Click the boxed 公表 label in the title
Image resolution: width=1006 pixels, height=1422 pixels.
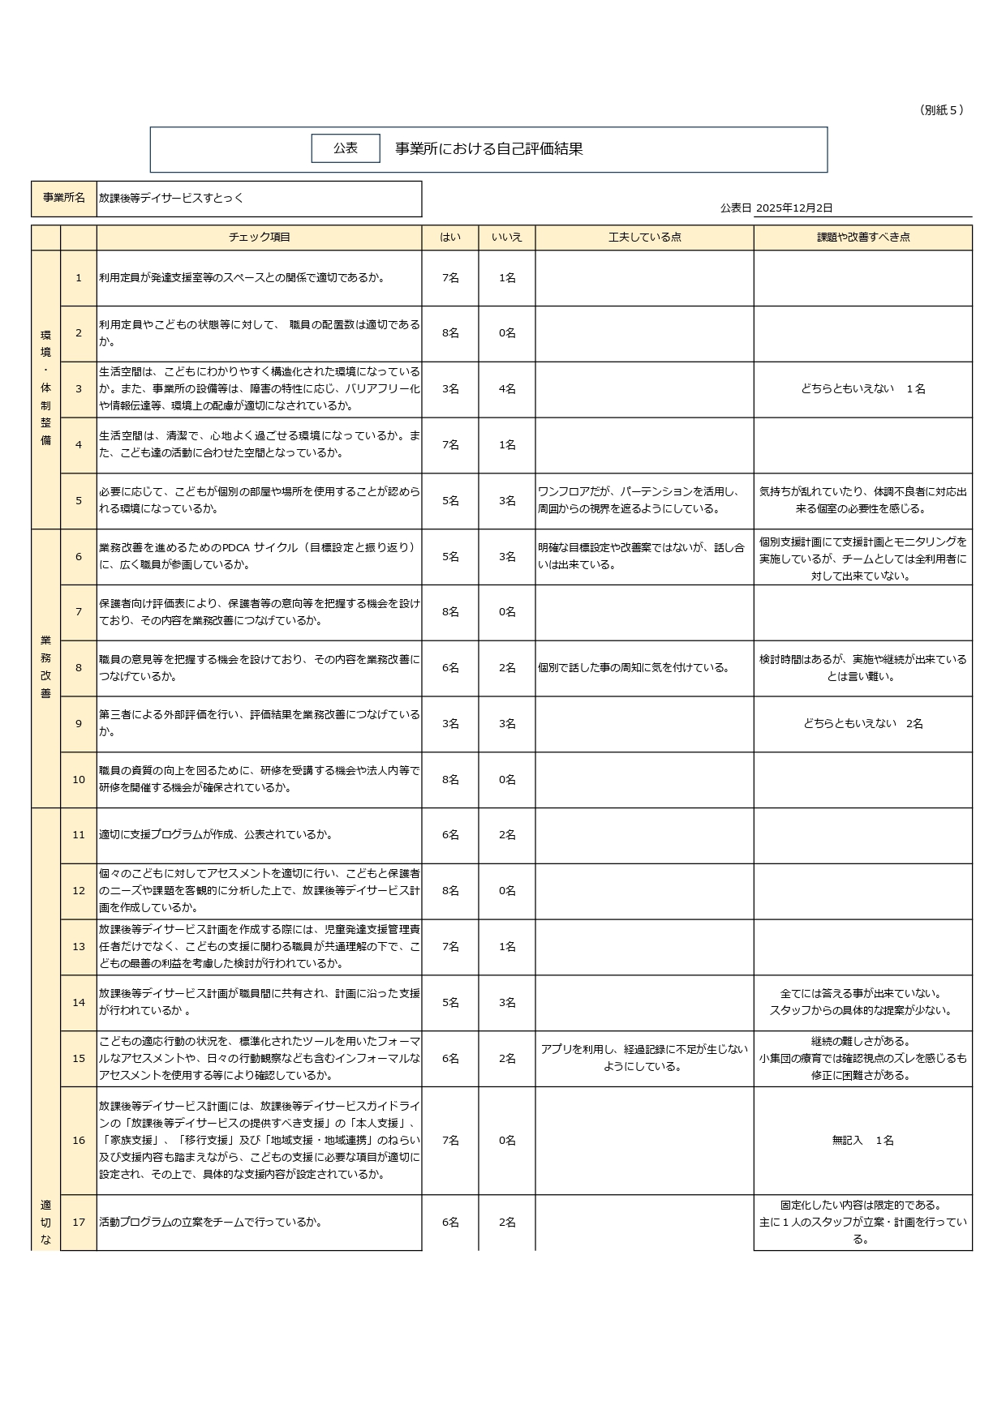(346, 148)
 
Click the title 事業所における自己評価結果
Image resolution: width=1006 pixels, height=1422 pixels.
(488, 149)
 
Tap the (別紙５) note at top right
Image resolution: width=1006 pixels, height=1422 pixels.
(942, 110)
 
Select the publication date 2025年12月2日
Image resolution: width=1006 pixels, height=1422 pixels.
(794, 208)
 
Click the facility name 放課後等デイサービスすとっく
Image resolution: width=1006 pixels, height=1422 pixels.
(171, 198)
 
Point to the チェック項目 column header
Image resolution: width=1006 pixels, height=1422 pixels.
(259, 238)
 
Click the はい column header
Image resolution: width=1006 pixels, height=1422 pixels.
(450, 238)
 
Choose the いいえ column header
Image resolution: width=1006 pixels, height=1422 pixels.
(507, 238)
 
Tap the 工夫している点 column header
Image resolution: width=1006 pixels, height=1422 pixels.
(644, 238)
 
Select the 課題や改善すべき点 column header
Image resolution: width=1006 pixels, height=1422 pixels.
(862, 238)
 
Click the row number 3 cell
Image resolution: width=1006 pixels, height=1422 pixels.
(79, 389)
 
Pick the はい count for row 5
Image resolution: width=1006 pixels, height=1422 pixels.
(450, 501)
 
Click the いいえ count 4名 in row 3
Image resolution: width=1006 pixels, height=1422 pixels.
(507, 389)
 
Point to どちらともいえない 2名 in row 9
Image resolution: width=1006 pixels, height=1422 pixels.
(862, 724)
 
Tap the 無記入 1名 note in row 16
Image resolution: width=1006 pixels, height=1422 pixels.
(862, 1141)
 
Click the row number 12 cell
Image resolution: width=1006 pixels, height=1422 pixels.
(79, 891)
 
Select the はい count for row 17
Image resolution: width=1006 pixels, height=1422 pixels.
(450, 1223)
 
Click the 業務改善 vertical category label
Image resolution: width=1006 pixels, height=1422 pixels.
(45, 667)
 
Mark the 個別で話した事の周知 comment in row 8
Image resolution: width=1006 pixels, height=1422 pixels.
(634, 668)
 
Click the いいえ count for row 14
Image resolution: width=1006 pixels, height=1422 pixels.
(507, 1003)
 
